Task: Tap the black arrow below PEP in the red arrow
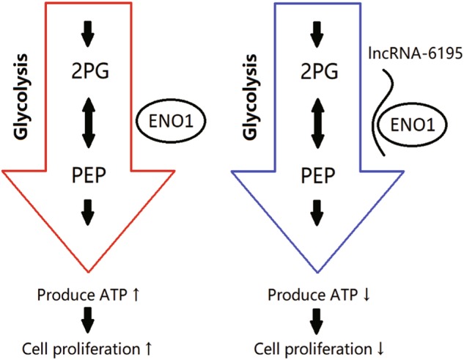[x=88, y=216]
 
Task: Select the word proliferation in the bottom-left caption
[x=104, y=345]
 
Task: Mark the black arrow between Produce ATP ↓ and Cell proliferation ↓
[x=317, y=320]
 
